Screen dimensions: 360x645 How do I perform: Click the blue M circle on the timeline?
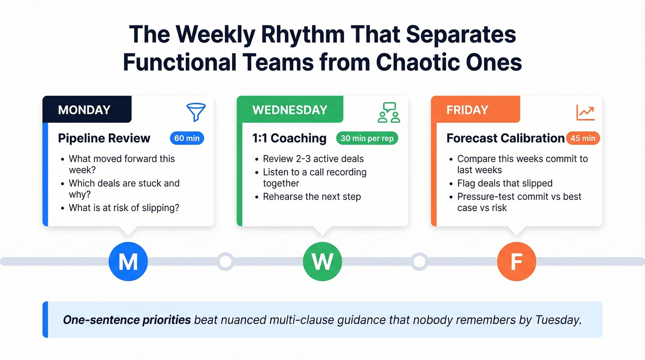tap(128, 261)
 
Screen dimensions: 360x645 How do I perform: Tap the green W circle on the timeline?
tap(322, 261)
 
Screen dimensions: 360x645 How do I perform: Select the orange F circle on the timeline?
tap(516, 261)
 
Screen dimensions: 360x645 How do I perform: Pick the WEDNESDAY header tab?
tap(290, 110)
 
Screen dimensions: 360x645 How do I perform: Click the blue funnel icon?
tap(196, 112)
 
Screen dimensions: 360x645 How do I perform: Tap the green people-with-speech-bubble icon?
tap(388, 112)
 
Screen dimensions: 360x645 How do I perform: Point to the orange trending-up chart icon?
tap(585, 112)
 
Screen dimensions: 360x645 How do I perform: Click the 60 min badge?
tap(187, 138)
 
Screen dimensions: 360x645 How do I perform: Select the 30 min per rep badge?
tap(367, 138)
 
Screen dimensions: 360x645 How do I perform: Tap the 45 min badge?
tap(583, 138)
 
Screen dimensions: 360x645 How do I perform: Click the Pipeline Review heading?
tap(104, 138)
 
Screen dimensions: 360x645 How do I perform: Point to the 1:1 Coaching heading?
tap(289, 138)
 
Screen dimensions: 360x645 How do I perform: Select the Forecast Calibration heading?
tap(505, 138)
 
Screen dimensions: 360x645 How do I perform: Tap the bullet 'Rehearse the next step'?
tap(312, 197)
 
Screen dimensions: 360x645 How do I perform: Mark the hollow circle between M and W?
tap(225, 261)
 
